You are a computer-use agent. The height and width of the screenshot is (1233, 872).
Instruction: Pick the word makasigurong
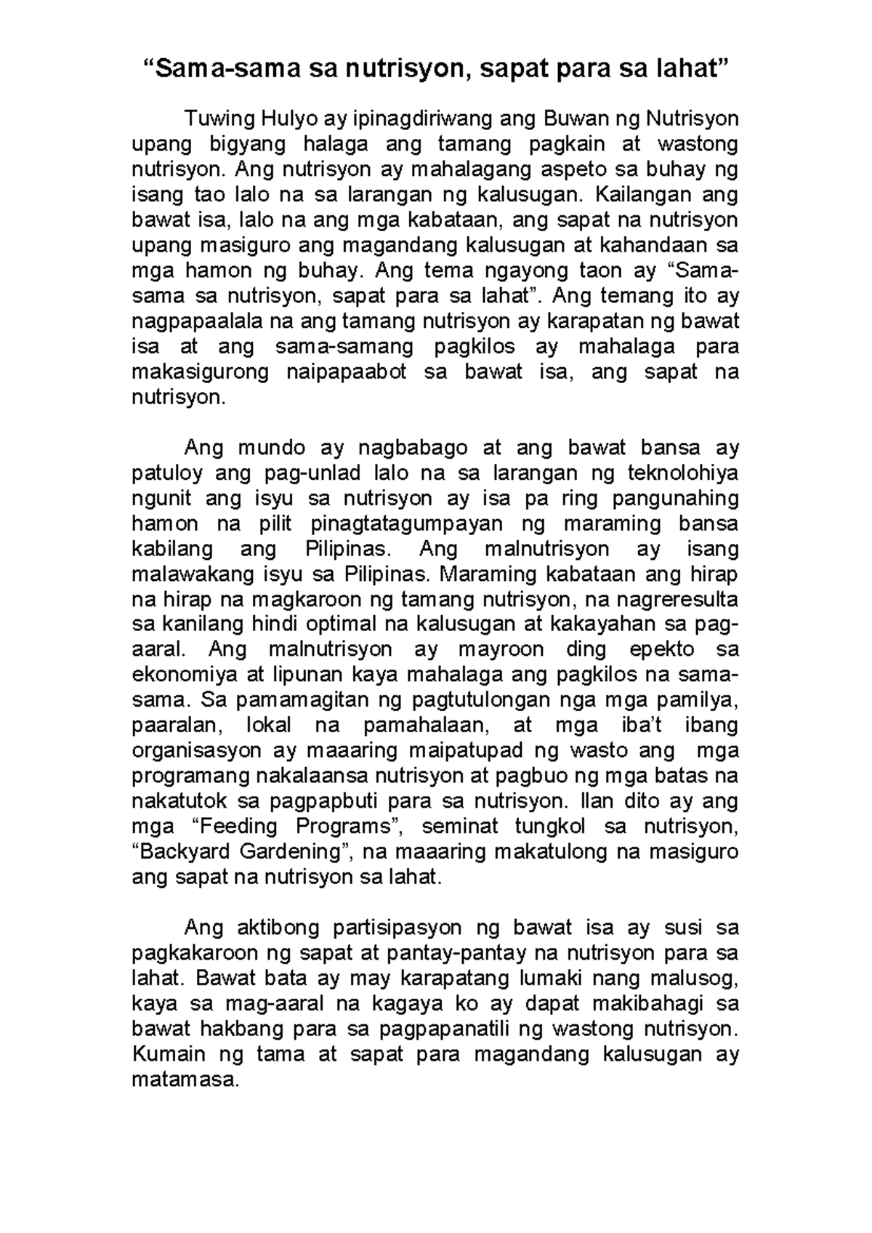200,372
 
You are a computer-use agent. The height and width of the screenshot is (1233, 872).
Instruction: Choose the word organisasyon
197,750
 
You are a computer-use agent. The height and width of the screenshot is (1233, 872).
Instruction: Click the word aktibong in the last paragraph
278,928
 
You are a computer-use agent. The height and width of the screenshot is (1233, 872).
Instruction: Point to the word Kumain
168,1054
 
